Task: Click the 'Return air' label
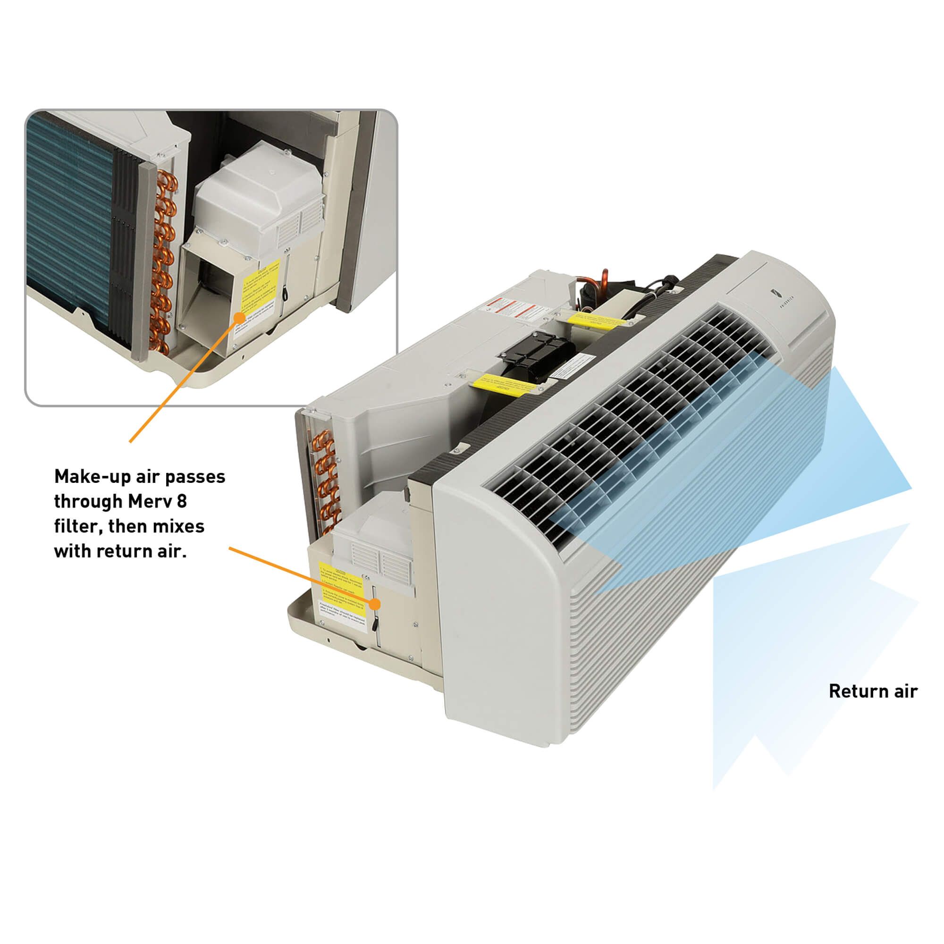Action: [x=873, y=691]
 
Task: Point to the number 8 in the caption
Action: [x=182, y=501]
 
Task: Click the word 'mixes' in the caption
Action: [x=178, y=526]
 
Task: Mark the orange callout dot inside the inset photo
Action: [x=239, y=318]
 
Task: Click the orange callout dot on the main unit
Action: [x=375, y=605]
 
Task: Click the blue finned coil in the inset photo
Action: [x=68, y=220]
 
